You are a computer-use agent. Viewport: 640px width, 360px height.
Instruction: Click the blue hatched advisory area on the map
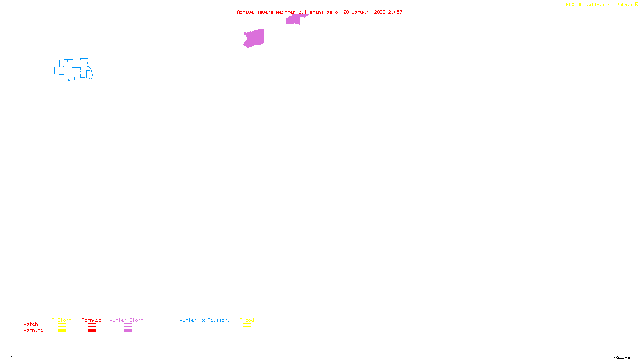(74, 69)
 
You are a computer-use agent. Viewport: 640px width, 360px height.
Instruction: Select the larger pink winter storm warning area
(254, 38)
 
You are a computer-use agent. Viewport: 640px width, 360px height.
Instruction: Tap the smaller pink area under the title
(294, 20)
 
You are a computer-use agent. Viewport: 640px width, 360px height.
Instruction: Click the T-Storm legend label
(62, 320)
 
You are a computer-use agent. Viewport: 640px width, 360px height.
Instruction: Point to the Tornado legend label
(92, 320)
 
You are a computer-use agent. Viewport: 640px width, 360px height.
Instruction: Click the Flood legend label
(247, 320)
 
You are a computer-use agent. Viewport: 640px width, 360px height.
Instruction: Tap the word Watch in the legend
(31, 324)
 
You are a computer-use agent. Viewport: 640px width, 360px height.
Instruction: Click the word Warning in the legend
(33, 330)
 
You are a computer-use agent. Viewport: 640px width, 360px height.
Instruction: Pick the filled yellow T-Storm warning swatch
(62, 331)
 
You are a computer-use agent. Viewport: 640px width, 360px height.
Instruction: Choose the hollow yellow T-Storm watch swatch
(62, 325)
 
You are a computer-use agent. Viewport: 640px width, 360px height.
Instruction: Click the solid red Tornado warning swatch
(92, 331)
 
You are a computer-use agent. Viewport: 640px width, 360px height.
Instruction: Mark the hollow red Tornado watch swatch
(92, 325)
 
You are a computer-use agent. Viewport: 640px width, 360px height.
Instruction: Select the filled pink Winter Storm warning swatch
(128, 331)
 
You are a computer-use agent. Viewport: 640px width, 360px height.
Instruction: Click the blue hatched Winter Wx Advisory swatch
(204, 331)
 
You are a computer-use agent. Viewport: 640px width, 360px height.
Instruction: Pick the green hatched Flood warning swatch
(247, 331)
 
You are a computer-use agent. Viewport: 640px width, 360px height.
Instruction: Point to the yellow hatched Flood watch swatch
(247, 325)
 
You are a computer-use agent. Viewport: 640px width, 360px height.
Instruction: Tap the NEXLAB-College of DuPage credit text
(600, 5)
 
